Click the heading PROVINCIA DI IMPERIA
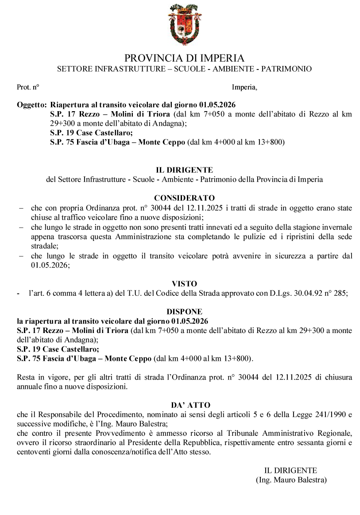click(184, 58)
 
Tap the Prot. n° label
click(28, 87)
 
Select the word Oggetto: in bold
click(31, 105)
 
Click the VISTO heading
click(184, 283)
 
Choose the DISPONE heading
click(184, 312)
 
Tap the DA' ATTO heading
click(184, 405)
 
